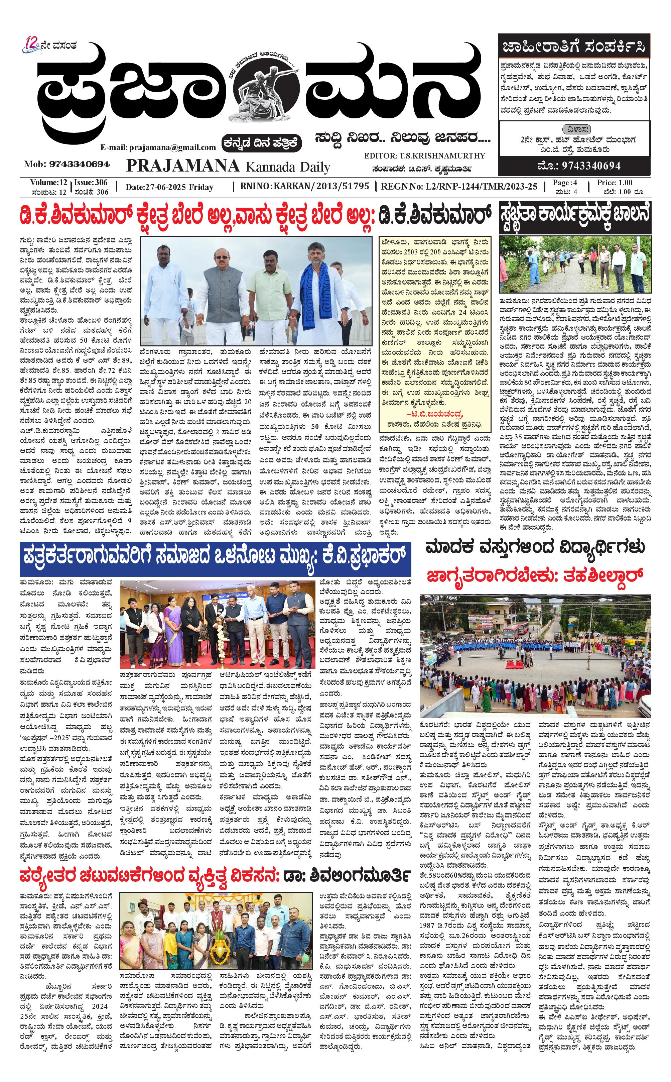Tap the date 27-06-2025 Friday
pyautogui.click(x=169, y=187)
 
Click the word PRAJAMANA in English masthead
pyautogui.click(x=183, y=166)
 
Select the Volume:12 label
pyautogui.click(x=49, y=183)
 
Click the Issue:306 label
pyautogui.click(x=91, y=183)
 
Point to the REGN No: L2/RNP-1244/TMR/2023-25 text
pyautogui.click(x=459, y=187)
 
